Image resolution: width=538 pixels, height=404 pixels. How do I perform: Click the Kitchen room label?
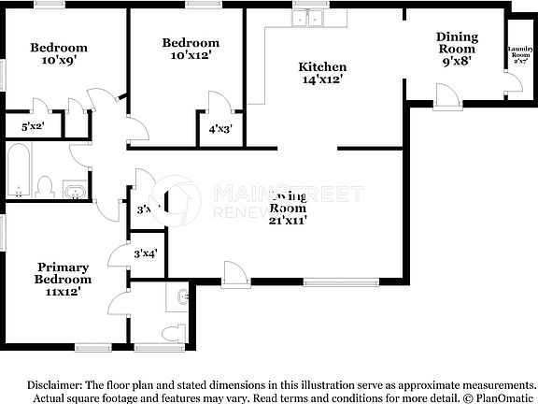point(322,66)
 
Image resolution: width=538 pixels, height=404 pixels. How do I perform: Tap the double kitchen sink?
point(306,19)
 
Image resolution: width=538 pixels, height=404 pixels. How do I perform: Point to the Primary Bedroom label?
point(63,272)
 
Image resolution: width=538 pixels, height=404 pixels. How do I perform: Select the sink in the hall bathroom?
point(75,193)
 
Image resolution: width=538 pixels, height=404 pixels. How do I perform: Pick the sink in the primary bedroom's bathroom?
point(182,298)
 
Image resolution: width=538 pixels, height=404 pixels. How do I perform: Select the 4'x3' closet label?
point(219,128)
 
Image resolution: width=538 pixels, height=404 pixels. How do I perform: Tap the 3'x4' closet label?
point(145,253)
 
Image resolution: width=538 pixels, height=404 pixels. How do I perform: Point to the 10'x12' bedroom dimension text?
point(191,55)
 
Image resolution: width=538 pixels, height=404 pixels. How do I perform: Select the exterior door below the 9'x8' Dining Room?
point(445,94)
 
